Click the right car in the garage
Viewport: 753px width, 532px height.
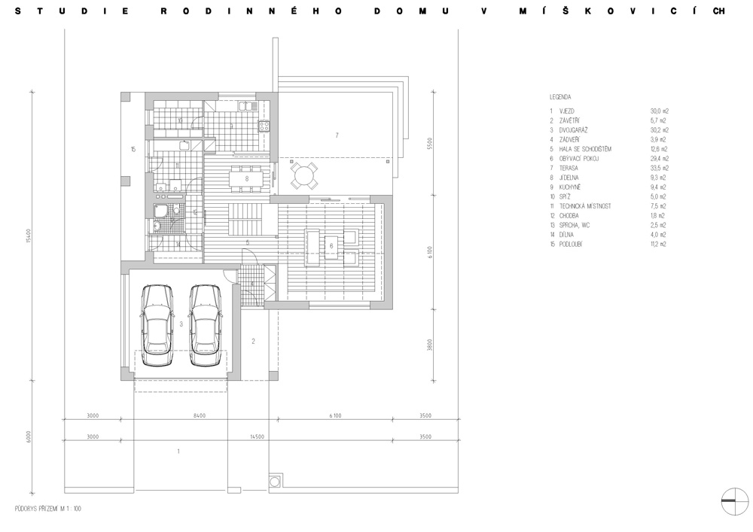coord(206,324)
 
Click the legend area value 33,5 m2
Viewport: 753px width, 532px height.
coord(659,168)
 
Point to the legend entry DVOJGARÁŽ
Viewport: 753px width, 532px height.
coord(575,130)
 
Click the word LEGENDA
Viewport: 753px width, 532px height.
coord(560,97)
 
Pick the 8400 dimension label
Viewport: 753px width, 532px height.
coord(199,415)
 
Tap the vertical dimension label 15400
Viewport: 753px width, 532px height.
coord(27,241)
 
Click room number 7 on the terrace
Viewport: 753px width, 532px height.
coord(337,135)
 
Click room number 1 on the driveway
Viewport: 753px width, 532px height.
coord(178,451)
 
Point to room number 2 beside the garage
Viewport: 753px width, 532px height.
coord(253,342)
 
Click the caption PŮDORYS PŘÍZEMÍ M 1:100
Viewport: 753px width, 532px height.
coord(48,509)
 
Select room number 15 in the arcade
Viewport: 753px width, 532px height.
coord(133,149)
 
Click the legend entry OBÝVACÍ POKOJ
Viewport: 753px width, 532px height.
coord(580,159)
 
